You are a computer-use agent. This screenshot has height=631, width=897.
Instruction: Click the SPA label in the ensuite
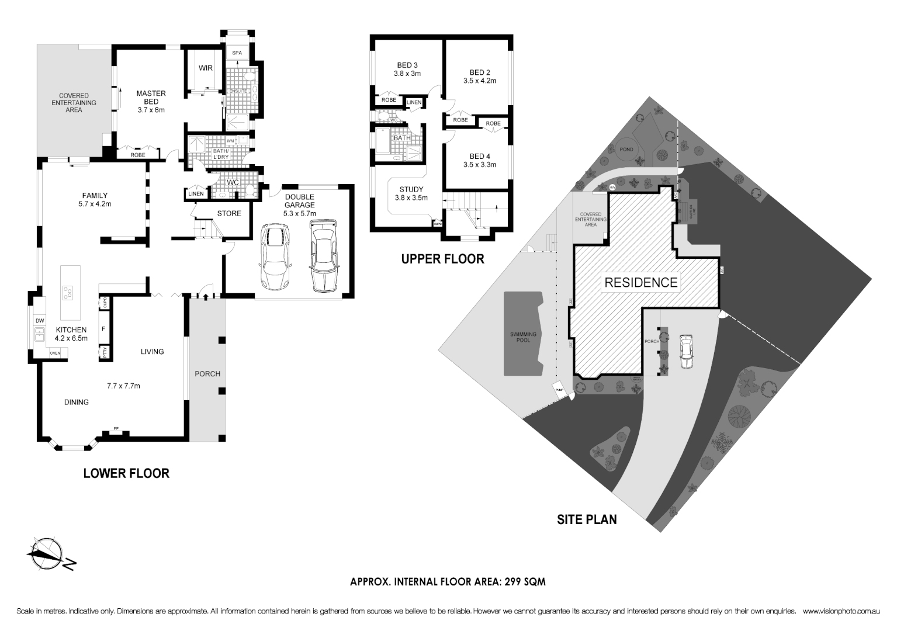pyautogui.click(x=237, y=53)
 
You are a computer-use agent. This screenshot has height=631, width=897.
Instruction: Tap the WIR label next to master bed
pyautogui.click(x=205, y=68)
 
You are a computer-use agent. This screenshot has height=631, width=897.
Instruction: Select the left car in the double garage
pyautogui.click(x=275, y=256)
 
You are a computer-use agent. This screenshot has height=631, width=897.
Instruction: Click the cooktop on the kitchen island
pyautogui.click(x=68, y=293)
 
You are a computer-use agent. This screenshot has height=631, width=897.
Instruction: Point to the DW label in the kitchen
pyautogui.click(x=40, y=321)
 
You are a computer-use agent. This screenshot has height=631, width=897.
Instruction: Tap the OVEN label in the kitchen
pyautogui.click(x=55, y=353)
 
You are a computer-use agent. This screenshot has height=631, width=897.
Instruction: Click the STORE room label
pyautogui.click(x=229, y=213)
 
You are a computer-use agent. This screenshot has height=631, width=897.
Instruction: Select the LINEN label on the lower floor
pyautogui.click(x=196, y=194)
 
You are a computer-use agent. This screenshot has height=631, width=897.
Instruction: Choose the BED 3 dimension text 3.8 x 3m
pyautogui.click(x=407, y=74)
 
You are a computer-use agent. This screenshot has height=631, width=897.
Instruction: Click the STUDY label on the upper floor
pyautogui.click(x=411, y=189)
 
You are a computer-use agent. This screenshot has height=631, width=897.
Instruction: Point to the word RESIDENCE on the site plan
pyautogui.click(x=641, y=282)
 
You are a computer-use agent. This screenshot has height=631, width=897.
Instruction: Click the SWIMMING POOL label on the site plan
pyautogui.click(x=523, y=337)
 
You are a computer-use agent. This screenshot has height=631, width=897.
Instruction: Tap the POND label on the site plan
pyautogui.click(x=626, y=150)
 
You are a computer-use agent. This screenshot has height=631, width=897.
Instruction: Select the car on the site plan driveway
pyautogui.click(x=686, y=351)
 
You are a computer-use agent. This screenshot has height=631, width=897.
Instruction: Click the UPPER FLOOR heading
pyautogui.click(x=442, y=259)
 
